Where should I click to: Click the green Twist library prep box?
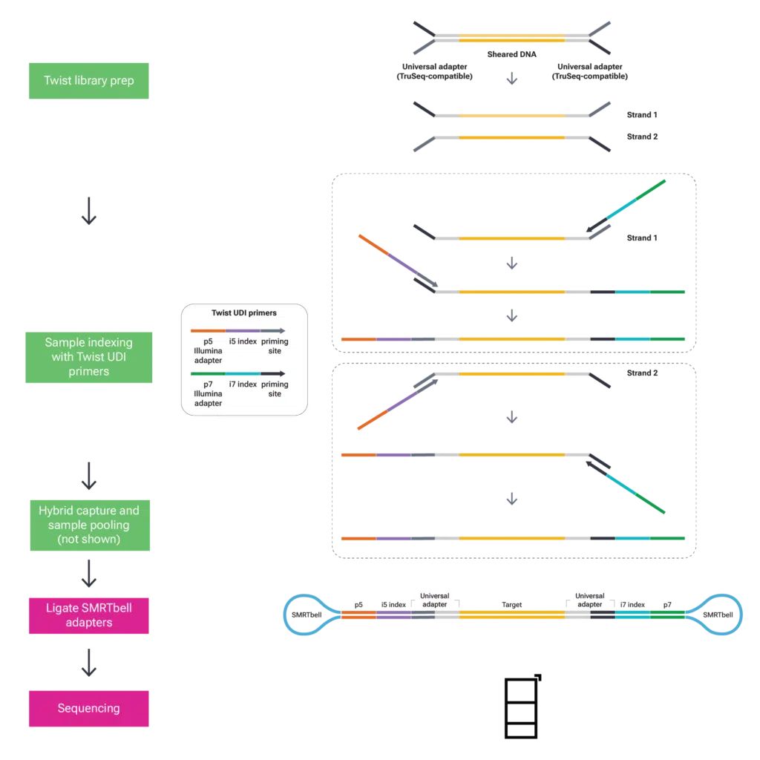(x=88, y=80)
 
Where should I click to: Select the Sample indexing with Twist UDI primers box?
(x=88, y=356)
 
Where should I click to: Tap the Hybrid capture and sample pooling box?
(x=88, y=525)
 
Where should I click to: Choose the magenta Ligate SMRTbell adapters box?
(x=88, y=615)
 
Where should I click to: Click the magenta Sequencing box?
(x=88, y=708)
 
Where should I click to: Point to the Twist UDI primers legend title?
(x=244, y=313)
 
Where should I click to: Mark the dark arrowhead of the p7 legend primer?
(x=283, y=374)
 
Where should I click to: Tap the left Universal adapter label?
(x=434, y=600)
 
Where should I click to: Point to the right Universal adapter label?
(x=589, y=600)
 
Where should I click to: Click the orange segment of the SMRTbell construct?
(x=359, y=615)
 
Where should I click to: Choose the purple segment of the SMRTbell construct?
(x=394, y=615)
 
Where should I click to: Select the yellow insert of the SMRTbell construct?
(x=511, y=615)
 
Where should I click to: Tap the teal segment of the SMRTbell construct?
(x=632, y=615)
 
